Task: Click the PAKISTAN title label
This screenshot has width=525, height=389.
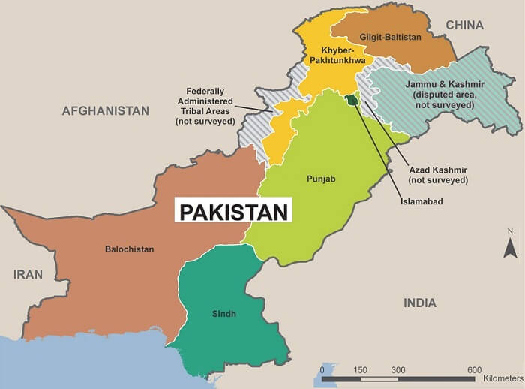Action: click(232, 210)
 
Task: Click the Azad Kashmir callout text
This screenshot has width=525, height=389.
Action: click(439, 175)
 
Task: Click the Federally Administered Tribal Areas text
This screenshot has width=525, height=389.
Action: click(206, 107)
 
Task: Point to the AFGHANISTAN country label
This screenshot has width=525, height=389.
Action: click(106, 110)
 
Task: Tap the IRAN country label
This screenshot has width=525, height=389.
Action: click(28, 274)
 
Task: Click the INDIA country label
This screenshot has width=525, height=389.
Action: click(419, 303)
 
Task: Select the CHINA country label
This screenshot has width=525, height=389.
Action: click(465, 26)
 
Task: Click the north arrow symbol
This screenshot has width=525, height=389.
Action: click(509, 246)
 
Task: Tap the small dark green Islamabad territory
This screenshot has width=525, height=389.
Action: click(350, 99)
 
